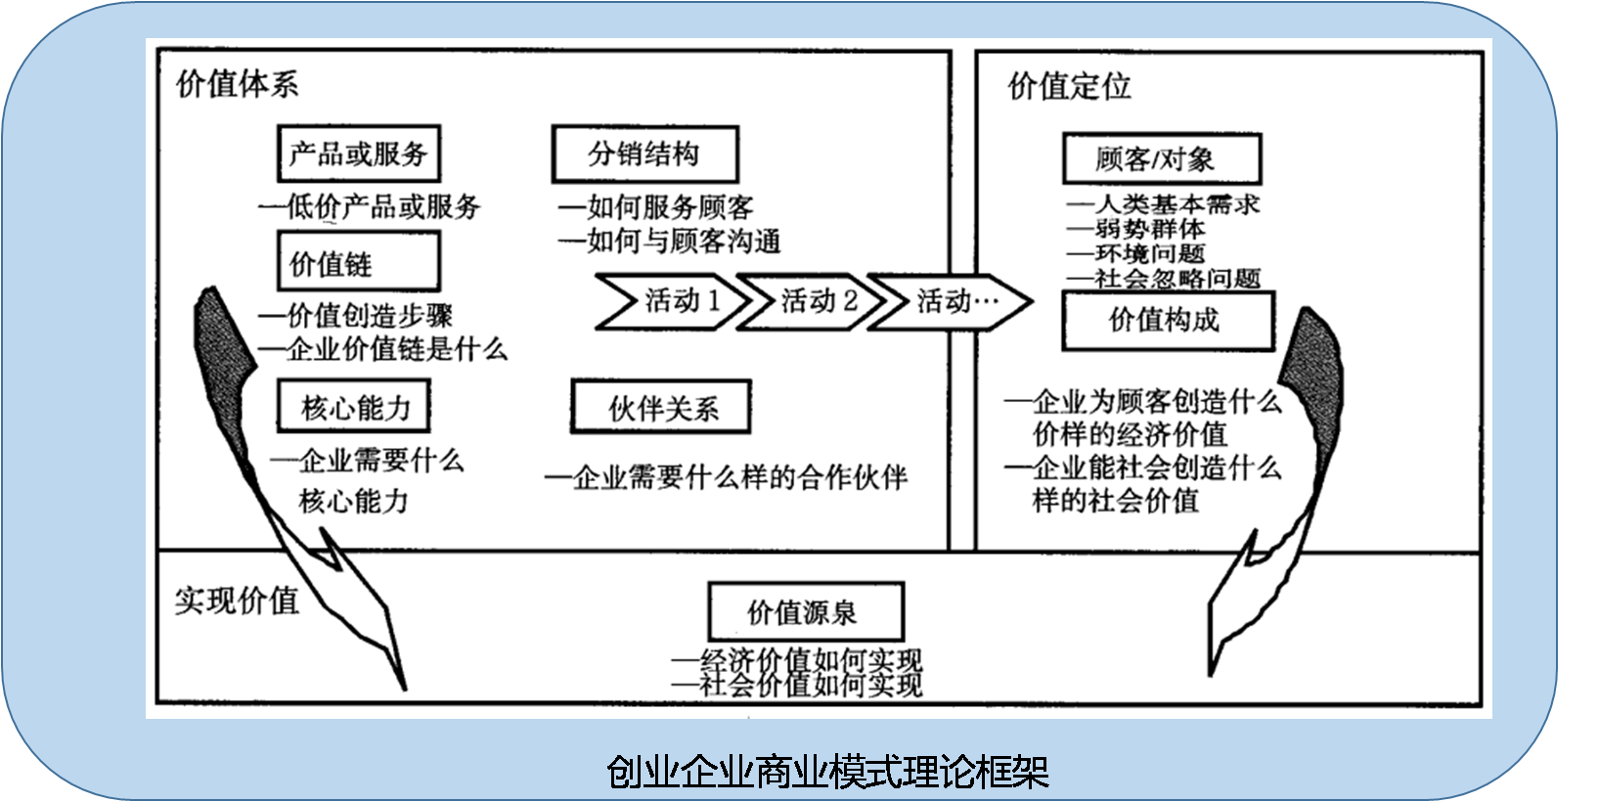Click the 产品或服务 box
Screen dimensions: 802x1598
tap(358, 154)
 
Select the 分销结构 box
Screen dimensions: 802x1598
tap(644, 154)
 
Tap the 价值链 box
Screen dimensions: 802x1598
tap(358, 262)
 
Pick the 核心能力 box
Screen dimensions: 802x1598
tap(354, 407)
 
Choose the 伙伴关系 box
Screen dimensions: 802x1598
tap(661, 408)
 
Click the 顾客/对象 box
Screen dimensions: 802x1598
tap(1161, 158)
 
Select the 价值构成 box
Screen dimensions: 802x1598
tap(1168, 321)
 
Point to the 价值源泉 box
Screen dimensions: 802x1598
tap(804, 613)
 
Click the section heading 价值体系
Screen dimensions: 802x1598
tap(237, 84)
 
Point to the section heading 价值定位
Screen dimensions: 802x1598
tap(1069, 86)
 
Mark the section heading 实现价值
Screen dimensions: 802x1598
tap(237, 600)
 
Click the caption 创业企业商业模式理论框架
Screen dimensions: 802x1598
tap(826, 772)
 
